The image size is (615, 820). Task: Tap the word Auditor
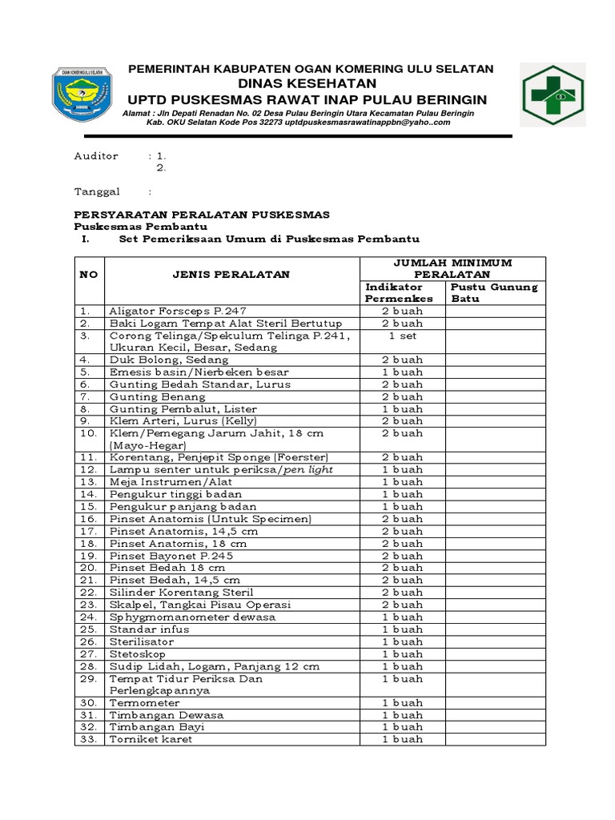(96, 156)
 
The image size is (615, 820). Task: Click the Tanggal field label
(97, 192)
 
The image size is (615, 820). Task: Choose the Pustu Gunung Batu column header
(494, 292)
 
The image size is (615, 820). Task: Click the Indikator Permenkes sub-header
(399, 292)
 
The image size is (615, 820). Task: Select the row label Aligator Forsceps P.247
(178, 312)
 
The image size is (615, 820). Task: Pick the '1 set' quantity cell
(402, 336)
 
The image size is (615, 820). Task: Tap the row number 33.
(88, 740)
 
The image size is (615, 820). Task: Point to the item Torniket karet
(151, 740)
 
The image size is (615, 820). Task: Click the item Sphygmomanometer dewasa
(193, 617)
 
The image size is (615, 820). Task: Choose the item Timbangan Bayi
(157, 727)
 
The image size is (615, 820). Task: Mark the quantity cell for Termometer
(402, 703)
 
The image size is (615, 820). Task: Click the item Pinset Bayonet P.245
(171, 556)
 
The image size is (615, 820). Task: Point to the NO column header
(88, 275)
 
